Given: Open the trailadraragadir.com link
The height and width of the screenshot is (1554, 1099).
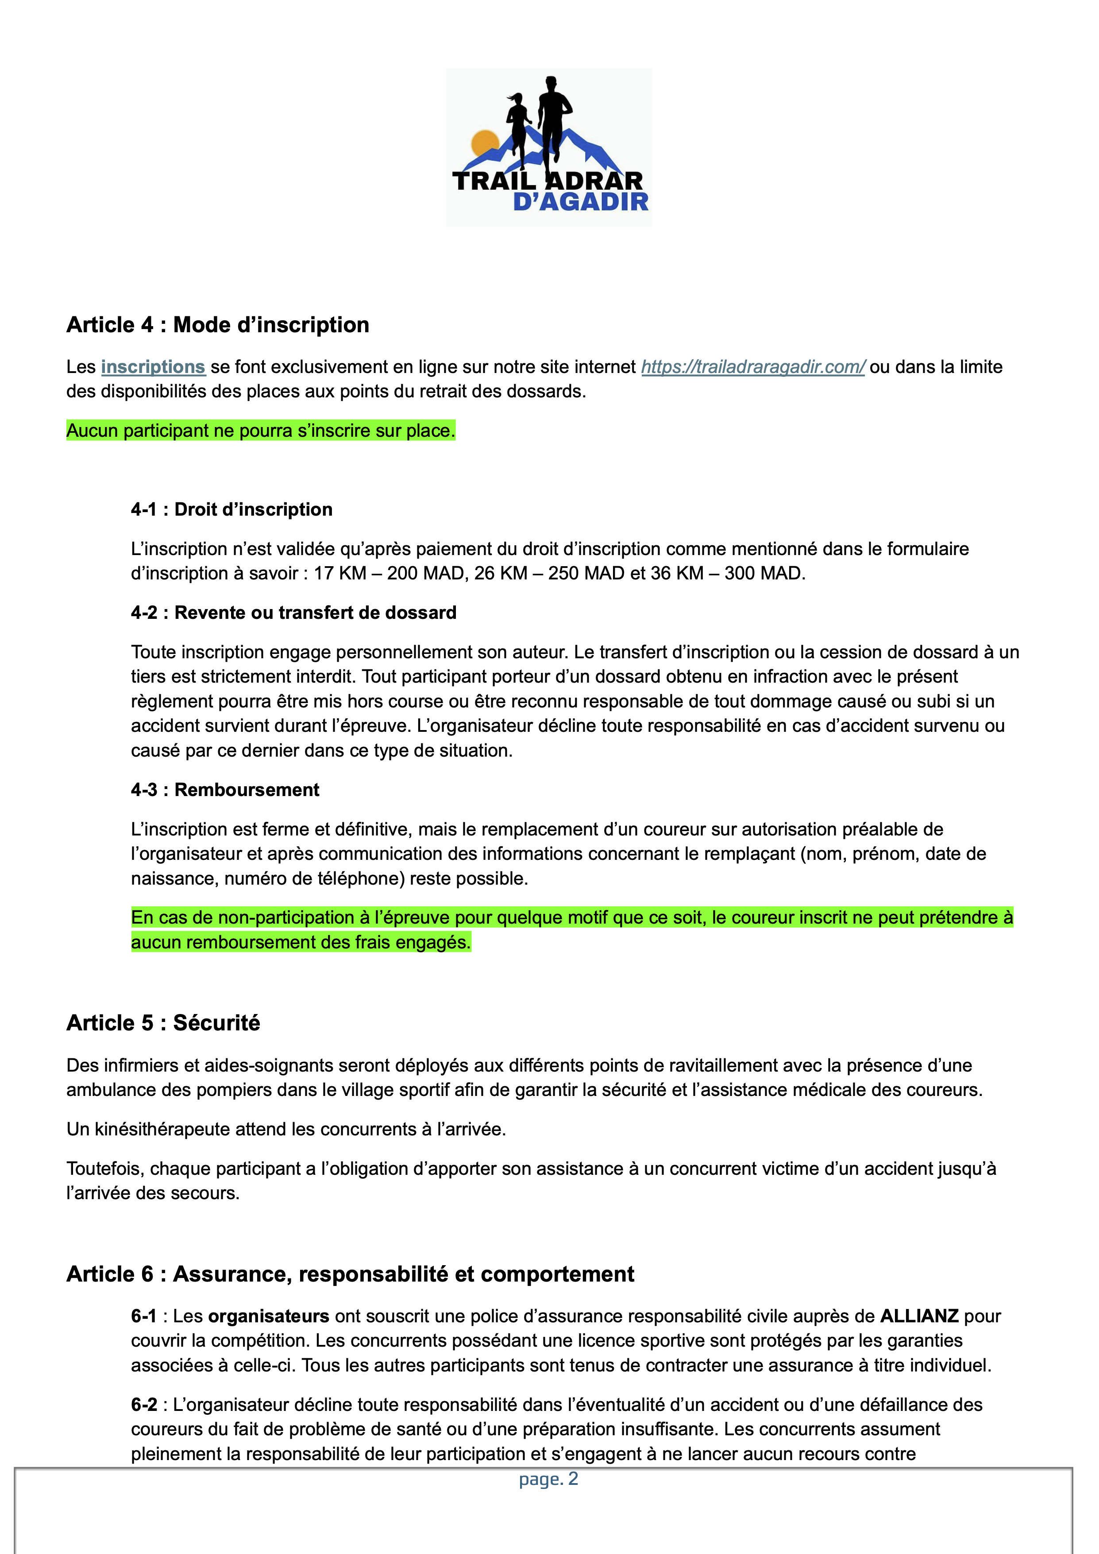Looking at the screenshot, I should pos(752,367).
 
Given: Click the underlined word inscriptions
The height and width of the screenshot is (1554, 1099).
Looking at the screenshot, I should pos(153,367).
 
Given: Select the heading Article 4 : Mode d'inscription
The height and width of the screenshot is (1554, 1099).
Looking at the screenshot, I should pos(218,325).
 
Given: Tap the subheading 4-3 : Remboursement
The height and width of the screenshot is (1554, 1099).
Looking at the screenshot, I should pos(225,789).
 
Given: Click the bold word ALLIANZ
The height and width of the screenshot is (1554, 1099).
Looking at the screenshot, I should pos(919,1316).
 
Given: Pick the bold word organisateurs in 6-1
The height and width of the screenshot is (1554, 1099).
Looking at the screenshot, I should pos(269,1316).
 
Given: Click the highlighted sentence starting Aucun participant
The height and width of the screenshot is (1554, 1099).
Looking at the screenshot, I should pos(261,431).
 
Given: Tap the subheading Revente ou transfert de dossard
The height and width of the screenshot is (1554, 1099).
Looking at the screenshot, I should pos(315,613).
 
